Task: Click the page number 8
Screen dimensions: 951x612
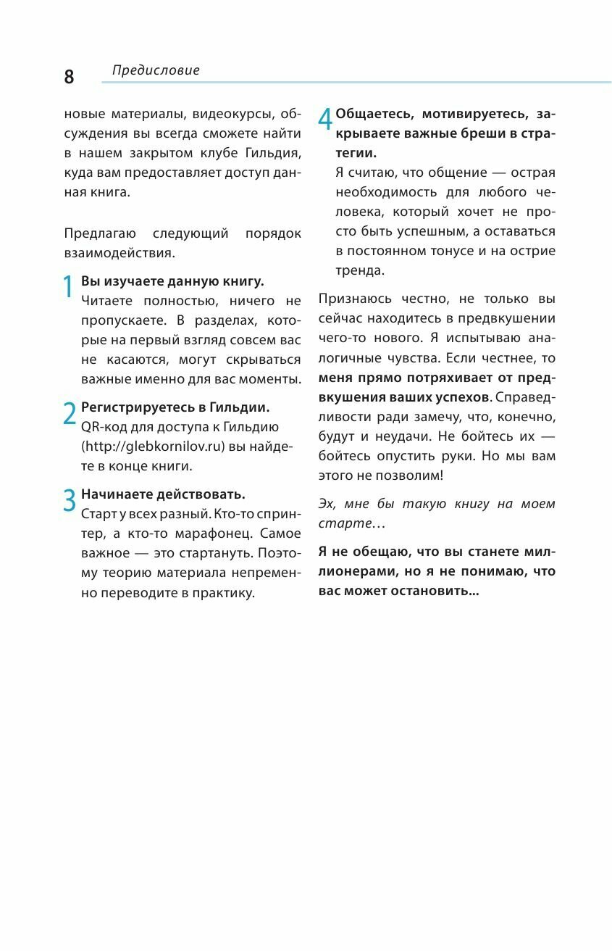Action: coord(69,77)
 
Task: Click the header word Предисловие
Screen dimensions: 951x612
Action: coord(156,70)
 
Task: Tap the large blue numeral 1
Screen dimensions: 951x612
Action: coord(68,287)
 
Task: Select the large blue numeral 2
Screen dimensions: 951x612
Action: coord(70,413)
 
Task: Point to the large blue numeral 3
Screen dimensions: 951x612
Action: coord(70,501)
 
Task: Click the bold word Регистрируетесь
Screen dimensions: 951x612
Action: coord(138,407)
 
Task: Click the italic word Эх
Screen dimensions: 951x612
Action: coord(327,504)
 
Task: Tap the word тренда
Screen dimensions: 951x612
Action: coord(360,270)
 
